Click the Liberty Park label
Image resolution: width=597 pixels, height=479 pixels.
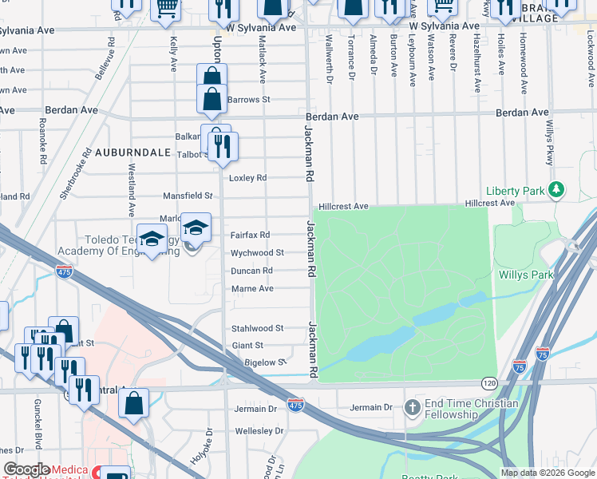[516, 191]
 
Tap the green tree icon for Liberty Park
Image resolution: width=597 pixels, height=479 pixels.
[557, 190]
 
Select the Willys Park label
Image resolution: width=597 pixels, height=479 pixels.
[526, 275]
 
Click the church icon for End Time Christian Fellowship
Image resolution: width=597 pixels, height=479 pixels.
[412, 409]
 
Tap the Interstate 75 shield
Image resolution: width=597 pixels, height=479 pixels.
[543, 352]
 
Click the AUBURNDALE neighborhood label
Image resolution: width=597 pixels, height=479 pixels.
[133, 152]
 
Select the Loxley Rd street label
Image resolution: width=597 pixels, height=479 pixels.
[247, 178]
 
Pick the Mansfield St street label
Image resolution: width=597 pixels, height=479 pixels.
[188, 195]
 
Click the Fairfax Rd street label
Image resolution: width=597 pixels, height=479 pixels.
[250, 235]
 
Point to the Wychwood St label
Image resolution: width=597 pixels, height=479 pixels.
[257, 253]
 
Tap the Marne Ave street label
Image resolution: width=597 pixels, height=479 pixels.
[252, 288]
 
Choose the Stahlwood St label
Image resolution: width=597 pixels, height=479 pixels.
[257, 328]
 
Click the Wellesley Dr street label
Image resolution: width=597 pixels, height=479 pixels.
[259, 431]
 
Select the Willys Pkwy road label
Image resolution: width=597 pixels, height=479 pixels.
[550, 144]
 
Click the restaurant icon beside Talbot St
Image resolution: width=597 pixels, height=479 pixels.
[223, 146]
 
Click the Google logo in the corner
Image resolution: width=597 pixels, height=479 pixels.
[27, 469]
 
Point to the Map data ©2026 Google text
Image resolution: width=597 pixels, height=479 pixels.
[547, 473]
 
